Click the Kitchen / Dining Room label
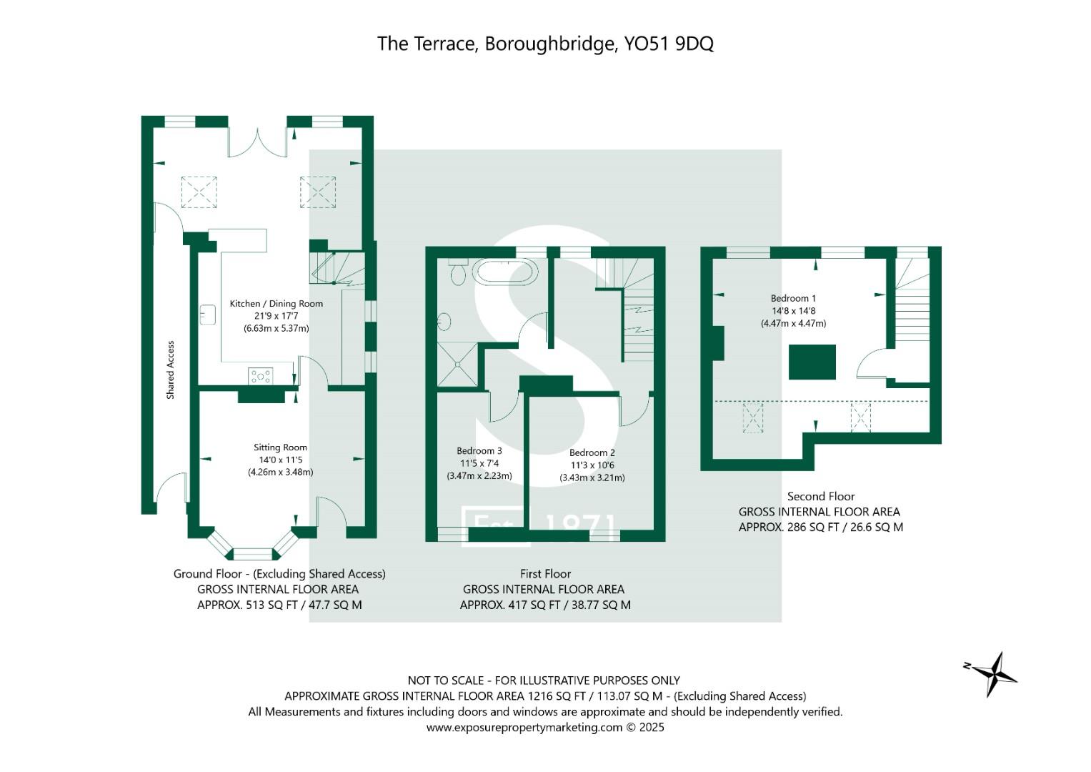point(276,304)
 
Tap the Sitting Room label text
point(280,447)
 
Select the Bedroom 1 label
point(793,298)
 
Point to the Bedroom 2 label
point(592,452)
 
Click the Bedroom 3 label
point(479,451)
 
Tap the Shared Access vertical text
point(170,370)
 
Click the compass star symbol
point(993,673)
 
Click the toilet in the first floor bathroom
point(458,272)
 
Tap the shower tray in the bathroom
point(457,364)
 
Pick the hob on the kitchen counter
point(260,375)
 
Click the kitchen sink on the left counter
point(208,315)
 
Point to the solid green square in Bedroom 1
point(812,362)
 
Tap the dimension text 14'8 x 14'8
point(793,311)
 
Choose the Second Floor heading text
point(820,496)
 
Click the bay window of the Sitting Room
point(253,550)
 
